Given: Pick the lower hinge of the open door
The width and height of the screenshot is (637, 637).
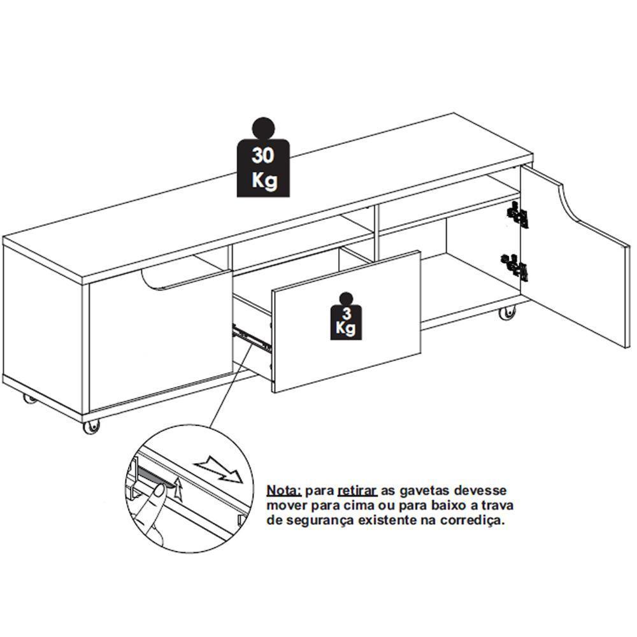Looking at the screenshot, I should tap(517, 266).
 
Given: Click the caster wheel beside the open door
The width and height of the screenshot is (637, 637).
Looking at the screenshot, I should tap(508, 313).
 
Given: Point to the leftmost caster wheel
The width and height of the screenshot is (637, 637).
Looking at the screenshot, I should tap(29, 400).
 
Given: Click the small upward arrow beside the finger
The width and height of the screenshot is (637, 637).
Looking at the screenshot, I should tap(179, 490).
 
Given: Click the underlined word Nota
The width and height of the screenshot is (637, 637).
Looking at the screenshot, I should tap(284, 491).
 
